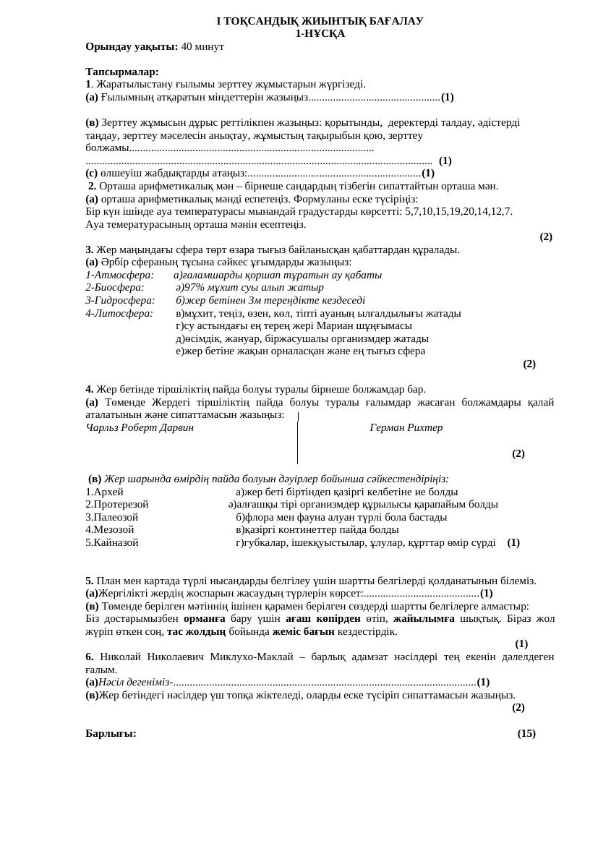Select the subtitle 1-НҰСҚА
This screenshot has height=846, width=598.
click(320, 33)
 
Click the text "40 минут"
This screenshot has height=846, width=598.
click(202, 46)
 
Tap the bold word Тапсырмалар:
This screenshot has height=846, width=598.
click(121, 72)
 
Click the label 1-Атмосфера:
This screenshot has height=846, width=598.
click(119, 275)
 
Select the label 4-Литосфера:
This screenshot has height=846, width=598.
click(119, 313)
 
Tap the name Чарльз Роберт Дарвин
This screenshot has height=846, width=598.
click(140, 427)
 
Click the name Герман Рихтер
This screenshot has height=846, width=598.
click(406, 427)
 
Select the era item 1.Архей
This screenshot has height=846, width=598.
click(104, 492)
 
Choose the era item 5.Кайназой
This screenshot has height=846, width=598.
click(111, 542)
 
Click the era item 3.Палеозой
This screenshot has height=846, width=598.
click(111, 517)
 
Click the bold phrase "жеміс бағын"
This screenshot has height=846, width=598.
click(303, 631)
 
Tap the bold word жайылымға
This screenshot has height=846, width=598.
click(424, 618)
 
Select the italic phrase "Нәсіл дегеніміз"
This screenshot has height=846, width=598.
click(134, 682)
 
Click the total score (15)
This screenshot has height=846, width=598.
click(526, 733)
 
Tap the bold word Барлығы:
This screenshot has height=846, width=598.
click(111, 733)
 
